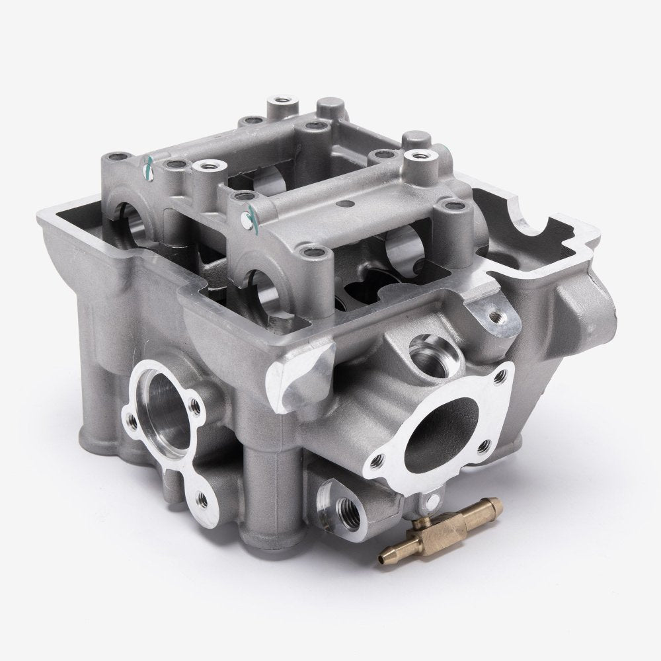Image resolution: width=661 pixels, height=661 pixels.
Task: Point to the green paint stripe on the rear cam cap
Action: pyautogui.click(x=149, y=169)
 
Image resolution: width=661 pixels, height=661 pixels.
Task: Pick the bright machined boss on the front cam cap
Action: pyautogui.click(x=417, y=159)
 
